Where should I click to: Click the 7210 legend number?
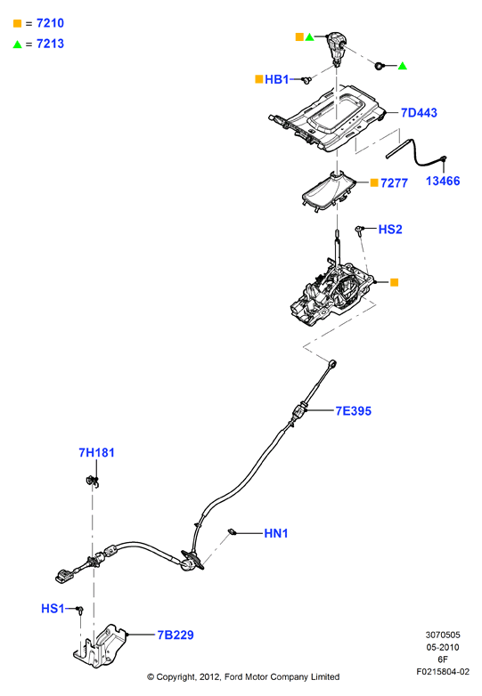click(50, 23)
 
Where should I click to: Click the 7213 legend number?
click(50, 44)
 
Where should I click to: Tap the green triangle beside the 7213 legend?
click(17, 44)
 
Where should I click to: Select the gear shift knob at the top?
click(336, 47)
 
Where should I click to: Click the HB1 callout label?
click(276, 79)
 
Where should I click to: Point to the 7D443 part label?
click(419, 113)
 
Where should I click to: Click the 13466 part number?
click(443, 181)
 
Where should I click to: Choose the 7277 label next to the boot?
click(394, 182)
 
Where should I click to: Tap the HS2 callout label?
click(390, 229)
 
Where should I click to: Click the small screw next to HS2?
click(359, 230)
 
